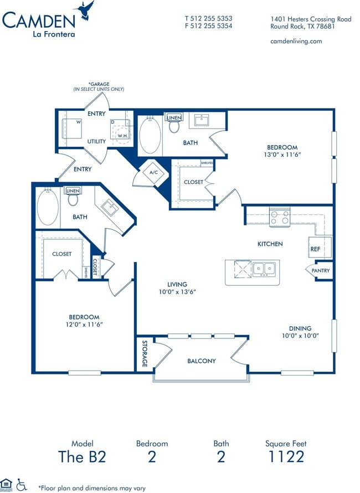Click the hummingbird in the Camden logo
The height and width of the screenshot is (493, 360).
pyautogui.click(x=86, y=11)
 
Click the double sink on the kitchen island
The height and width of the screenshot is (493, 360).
pyautogui.click(x=265, y=269)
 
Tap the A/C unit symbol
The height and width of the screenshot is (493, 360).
pyautogui.click(x=153, y=172)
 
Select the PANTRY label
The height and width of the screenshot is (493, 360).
pyautogui.click(x=320, y=271)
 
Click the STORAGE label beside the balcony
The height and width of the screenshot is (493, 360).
pyautogui.click(x=144, y=353)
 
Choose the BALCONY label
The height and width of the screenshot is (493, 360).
pyautogui.click(x=201, y=361)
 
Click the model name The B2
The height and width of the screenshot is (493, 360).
pyautogui.click(x=82, y=456)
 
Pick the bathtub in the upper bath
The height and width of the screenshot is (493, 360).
pyautogui.click(x=150, y=135)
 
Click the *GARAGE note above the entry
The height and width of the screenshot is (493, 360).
pyautogui.click(x=99, y=86)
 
